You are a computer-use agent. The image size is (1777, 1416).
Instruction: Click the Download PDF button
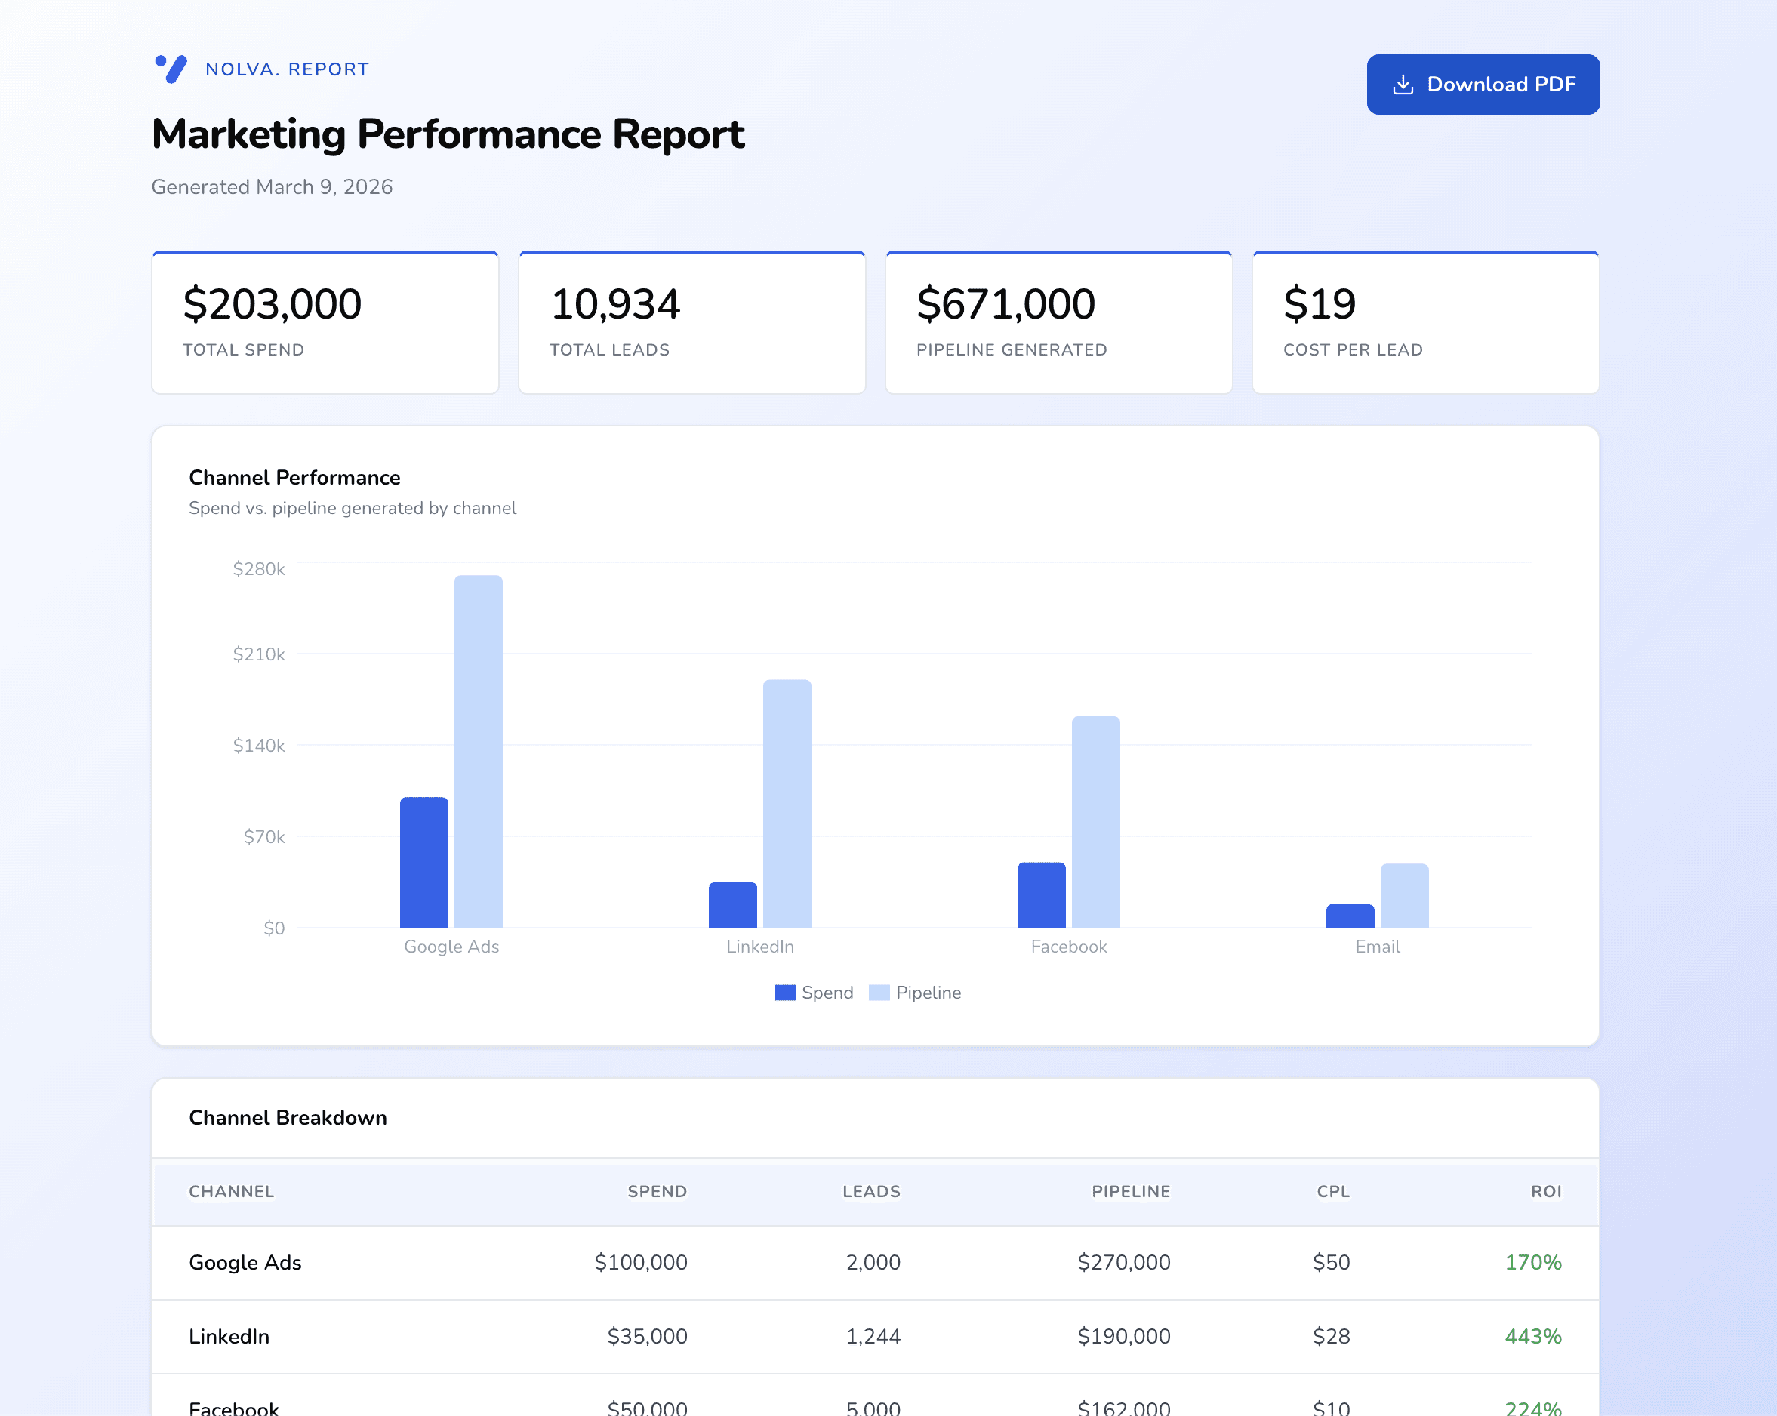point(1482,84)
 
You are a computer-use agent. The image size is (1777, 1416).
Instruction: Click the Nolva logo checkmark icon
point(171,69)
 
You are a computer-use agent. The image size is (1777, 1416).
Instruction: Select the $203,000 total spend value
point(272,303)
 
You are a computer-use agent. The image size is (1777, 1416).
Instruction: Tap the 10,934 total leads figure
point(615,303)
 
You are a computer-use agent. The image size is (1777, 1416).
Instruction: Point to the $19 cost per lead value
point(1319,303)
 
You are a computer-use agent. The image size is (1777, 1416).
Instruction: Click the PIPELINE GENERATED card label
point(1012,349)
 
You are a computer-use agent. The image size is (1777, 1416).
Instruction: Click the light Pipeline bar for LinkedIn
point(787,804)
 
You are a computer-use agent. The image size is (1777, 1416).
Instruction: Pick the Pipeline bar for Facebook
point(1095,822)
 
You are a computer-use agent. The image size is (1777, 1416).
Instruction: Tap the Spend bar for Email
point(1349,916)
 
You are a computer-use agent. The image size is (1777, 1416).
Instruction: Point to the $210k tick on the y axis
point(259,654)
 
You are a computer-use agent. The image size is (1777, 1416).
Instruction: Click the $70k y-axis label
point(263,836)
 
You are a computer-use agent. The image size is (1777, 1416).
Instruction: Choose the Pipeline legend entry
point(915,993)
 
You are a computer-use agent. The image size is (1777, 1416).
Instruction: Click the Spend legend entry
point(814,993)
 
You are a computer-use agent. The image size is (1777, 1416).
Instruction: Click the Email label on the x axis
point(1377,947)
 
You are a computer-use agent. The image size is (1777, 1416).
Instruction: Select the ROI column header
point(1545,1191)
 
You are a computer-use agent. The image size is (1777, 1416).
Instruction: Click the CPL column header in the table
point(1333,1191)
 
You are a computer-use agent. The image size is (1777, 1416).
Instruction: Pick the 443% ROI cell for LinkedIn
point(1532,1336)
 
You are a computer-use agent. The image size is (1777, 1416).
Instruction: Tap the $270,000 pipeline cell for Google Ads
point(1123,1262)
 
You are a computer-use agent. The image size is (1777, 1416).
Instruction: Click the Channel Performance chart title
point(294,477)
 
